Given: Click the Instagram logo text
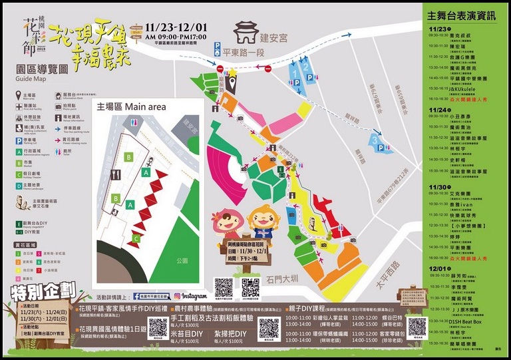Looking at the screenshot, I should [x=196, y=295].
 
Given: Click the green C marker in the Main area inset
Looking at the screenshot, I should [x=136, y=238].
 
